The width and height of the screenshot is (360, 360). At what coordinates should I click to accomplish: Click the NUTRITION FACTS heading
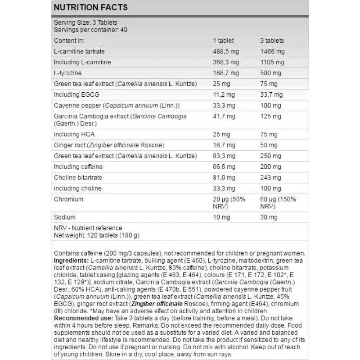click(x=91, y=7)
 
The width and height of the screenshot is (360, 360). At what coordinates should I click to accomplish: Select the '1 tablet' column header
click(x=223, y=40)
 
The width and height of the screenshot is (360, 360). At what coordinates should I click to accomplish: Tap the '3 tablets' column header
click(x=272, y=40)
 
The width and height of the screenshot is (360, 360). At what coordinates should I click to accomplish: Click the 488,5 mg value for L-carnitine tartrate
click(x=225, y=52)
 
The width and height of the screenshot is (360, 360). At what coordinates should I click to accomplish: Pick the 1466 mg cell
click(x=272, y=52)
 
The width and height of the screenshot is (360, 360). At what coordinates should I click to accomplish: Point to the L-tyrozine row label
click(x=67, y=73)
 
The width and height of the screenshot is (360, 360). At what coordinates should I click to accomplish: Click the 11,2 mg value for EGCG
click(x=224, y=95)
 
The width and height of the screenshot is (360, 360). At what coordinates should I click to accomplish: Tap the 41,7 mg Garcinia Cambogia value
click(x=224, y=117)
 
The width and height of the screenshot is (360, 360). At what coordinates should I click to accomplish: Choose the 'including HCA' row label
click(x=74, y=135)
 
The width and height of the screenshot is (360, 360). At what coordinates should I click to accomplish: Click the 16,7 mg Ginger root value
click(x=224, y=145)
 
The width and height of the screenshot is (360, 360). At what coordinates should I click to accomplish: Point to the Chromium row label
click(x=68, y=199)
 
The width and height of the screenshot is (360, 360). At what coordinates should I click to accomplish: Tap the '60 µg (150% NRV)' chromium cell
click(x=278, y=203)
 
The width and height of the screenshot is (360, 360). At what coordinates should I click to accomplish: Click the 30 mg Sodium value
click(x=269, y=217)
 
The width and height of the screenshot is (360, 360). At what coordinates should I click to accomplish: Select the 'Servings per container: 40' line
click(x=90, y=30)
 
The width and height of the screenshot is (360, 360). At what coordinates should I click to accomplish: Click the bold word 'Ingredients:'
click(x=71, y=261)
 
